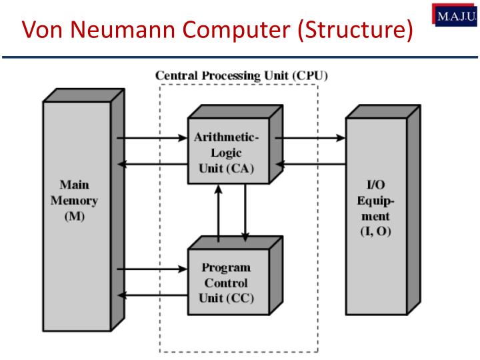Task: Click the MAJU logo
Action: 458,14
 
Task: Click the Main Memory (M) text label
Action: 74,201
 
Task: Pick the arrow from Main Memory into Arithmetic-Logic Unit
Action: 151,139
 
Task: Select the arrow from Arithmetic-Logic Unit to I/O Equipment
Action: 309,139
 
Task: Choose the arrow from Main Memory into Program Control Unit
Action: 151,269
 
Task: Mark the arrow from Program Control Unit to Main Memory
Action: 151,295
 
